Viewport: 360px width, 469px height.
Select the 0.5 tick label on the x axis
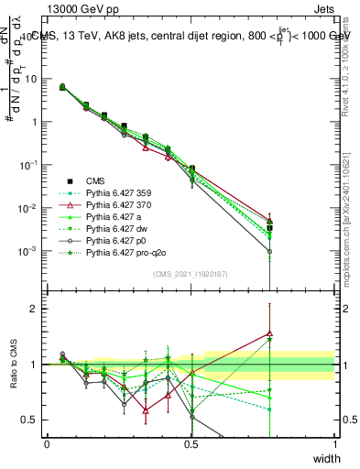(x=191, y=443)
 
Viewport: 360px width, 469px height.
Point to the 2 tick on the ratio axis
(x=36, y=309)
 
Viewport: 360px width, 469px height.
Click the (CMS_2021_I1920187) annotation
(x=190, y=274)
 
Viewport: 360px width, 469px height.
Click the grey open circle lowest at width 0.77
(x=269, y=251)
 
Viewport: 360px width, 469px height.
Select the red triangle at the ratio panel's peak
(x=269, y=334)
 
